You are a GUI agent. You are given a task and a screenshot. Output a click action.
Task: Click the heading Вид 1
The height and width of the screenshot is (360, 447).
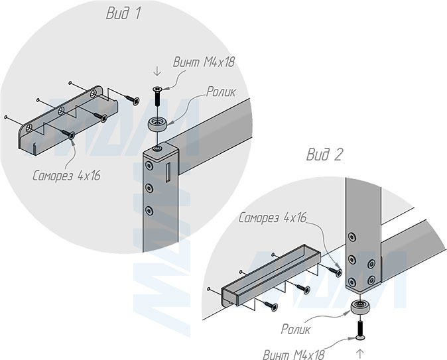click(x=123, y=13)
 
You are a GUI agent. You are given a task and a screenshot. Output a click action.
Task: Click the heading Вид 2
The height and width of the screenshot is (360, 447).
click(x=324, y=154)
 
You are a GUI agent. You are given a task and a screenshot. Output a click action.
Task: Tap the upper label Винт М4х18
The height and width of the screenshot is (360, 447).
click(x=204, y=62)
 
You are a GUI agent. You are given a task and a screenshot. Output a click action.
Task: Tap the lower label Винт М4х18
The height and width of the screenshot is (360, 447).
click(x=293, y=354)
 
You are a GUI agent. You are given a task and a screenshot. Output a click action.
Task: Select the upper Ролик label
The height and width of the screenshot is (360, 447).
click(x=221, y=91)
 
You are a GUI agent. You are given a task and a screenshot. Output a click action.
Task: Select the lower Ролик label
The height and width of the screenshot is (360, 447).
click(x=295, y=330)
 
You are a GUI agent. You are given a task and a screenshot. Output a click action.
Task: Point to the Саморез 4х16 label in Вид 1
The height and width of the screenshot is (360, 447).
click(x=66, y=176)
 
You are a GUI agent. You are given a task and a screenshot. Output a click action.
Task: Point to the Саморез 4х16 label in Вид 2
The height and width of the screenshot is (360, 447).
click(x=273, y=217)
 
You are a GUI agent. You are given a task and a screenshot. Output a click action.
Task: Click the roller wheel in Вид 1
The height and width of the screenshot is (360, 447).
click(x=157, y=124)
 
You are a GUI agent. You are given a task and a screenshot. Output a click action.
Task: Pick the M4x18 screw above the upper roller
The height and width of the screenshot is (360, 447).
click(x=157, y=95)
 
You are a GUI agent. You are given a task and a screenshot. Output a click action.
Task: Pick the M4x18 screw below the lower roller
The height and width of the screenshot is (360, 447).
click(x=360, y=330)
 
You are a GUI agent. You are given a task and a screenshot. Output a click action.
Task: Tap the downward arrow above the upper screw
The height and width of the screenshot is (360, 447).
click(x=157, y=71)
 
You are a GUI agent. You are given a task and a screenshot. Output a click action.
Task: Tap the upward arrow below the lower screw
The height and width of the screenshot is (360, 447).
click(x=360, y=354)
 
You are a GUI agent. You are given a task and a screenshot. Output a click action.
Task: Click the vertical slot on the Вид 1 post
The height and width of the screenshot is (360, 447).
click(x=168, y=173)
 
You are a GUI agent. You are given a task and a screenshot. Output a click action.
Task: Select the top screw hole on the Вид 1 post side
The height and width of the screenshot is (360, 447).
click(x=149, y=165)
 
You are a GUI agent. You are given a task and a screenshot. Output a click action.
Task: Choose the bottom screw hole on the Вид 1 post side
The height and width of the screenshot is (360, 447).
click(x=149, y=211)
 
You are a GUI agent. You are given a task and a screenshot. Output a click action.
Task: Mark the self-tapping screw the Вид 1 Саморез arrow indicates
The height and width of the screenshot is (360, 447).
click(x=68, y=134)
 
